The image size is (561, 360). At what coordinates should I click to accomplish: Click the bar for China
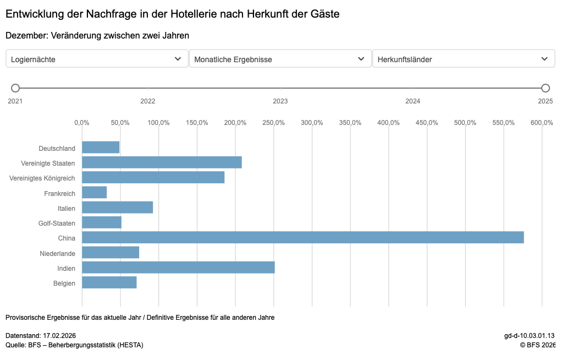click(302, 237)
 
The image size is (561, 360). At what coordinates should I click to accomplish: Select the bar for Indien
click(178, 268)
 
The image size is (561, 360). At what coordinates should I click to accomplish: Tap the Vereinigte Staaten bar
click(162, 162)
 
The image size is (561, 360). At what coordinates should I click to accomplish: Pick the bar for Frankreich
click(94, 192)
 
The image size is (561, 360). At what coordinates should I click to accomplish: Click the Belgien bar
click(109, 282)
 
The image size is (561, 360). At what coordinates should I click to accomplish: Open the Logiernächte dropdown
click(96, 59)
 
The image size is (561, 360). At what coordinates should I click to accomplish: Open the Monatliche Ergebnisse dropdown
click(279, 59)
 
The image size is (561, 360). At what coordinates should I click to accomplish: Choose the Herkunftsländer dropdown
click(463, 59)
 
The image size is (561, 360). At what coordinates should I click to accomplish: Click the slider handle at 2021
click(15, 88)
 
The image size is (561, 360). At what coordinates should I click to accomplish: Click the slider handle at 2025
click(545, 88)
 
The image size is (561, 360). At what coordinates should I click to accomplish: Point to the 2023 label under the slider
click(280, 101)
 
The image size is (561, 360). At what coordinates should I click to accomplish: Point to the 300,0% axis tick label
click(312, 122)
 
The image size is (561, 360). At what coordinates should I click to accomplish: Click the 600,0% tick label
click(541, 122)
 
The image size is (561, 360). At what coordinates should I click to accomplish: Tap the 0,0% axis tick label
click(82, 122)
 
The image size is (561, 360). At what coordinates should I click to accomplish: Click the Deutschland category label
click(57, 149)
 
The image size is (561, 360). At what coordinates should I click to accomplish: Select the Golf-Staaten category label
click(57, 223)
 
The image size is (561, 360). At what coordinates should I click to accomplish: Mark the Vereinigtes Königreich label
click(42, 178)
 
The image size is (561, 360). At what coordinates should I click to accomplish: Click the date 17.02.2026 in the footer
click(59, 336)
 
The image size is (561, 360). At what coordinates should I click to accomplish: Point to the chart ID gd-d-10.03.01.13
click(529, 336)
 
